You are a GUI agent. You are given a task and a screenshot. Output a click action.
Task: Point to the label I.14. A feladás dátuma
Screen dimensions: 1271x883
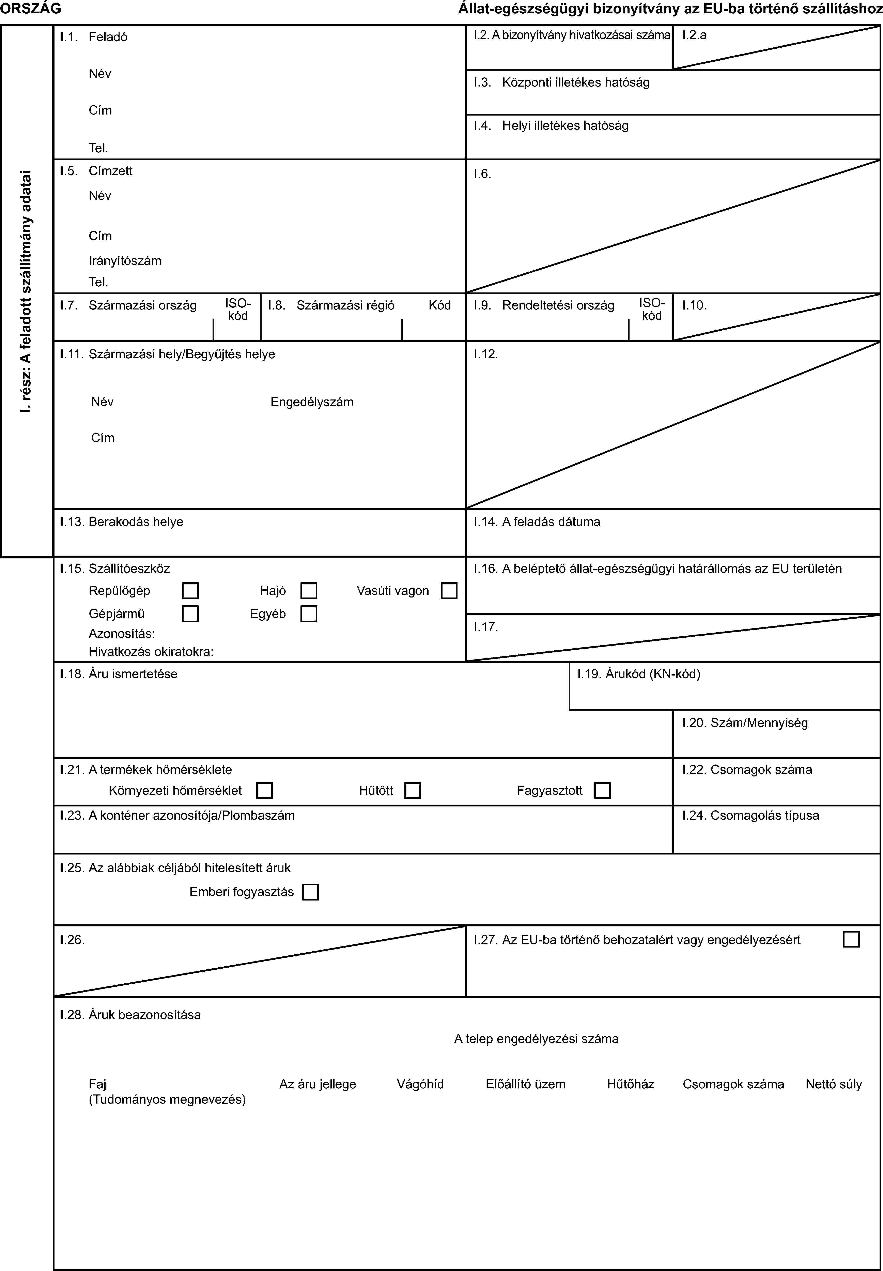pyautogui.click(x=537, y=522)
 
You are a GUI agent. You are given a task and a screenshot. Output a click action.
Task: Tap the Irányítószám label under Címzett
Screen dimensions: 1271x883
pyautogui.click(x=125, y=261)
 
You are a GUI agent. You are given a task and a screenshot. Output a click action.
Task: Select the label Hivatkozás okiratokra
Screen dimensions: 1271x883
pyautogui.click(x=151, y=652)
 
